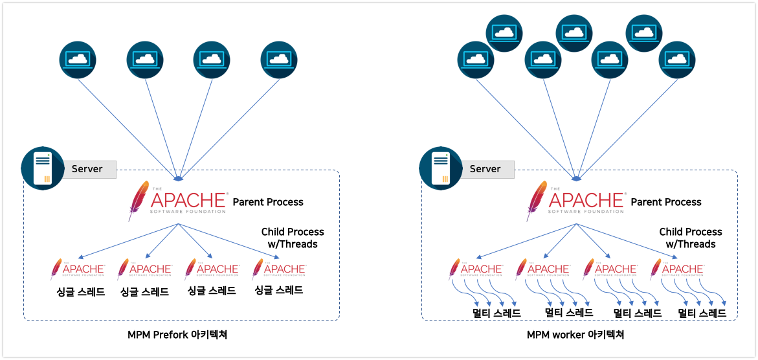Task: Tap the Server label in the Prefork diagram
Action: pos(87,169)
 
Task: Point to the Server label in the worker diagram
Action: pos(485,169)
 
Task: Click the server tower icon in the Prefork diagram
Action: pos(43,168)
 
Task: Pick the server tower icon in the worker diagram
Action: pos(441,168)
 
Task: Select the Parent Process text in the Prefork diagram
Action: pos(268,202)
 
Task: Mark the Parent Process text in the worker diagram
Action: pos(666,202)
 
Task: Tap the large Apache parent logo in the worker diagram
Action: pos(576,200)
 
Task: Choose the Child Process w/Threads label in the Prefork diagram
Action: pos(293,238)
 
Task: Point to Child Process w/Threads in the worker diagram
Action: pos(691,238)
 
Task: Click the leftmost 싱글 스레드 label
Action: pos(80,291)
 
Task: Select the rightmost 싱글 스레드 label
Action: pos(279,290)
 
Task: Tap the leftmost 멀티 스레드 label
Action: pos(496,313)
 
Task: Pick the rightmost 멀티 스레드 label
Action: pos(702,313)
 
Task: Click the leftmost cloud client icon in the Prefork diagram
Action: pos(78,60)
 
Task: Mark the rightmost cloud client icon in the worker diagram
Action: pos(677,60)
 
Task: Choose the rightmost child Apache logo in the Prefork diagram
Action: pos(279,269)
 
